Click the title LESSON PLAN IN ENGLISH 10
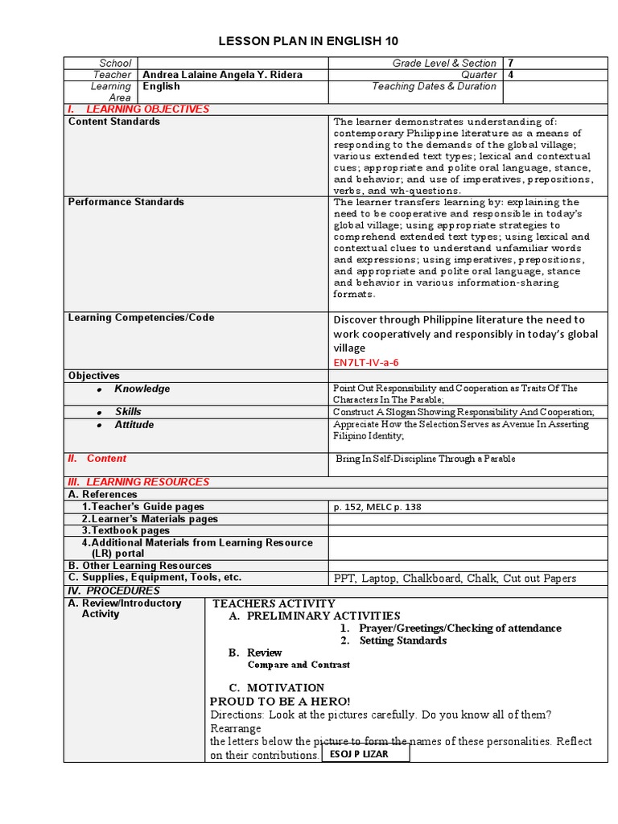(x=309, y=41)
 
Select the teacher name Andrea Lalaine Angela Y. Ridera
(x=222, y=75)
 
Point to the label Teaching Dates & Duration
(x=434, y=86)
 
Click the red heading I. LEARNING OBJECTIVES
(x=138, y=109)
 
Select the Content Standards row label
(x=114, y=122)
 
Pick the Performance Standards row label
(x=126, y=202)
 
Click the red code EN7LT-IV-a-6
(x=365, y=363)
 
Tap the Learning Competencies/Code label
(x=141, y=318)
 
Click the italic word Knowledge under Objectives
(x=142, y=389)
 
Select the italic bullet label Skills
(x=127, y=412)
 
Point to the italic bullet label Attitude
(x=134, y=425)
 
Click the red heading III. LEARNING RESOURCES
(x=138, y=482)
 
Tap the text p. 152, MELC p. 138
(x=377, y=507)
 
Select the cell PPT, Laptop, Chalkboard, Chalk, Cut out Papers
(x=455, y=578)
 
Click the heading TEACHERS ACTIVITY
(x=274, y=604)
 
